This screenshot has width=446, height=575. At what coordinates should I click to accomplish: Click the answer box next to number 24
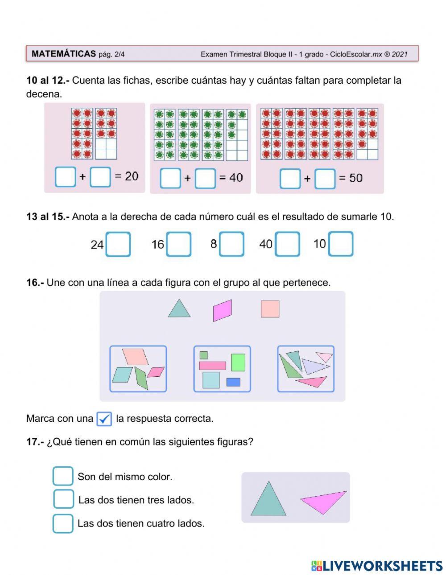pyautogui.click(x=118, y=245)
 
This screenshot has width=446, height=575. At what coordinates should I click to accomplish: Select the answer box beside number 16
pyautogui.click(x=179, y=245)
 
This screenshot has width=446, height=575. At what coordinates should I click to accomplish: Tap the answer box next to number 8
pyautogui.click(x=231, y=244)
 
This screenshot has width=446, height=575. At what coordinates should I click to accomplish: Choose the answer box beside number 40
pyautogui.click(x=287, y=244)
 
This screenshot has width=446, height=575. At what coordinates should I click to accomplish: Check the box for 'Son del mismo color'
pyautogui.click(x=63, y=476)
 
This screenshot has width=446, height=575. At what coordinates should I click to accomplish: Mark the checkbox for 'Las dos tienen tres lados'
pyautogui.click(x=63, y=499)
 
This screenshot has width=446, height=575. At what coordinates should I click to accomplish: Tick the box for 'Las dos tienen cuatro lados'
pyautogui.click(x=63, y=523)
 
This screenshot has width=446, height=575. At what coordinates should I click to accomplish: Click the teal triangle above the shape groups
pyautogui.click(x=179, y=309)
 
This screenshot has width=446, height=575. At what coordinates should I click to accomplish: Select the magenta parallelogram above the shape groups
pyautogui.click(x=222, y=310)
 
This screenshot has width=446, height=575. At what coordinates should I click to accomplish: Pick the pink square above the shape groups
pyautogui.click(x=270, y=309)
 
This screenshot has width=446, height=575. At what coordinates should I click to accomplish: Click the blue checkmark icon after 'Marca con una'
pyautogui.click(x=104, y=419)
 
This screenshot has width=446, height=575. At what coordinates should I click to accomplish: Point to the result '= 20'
pyautogui.click(x=127, y=176)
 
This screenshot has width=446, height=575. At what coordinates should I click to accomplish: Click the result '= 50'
pyautogui.click(x=351, y=178)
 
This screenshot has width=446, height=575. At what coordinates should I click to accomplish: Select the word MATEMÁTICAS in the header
pyautogui.click(x=64, y=54)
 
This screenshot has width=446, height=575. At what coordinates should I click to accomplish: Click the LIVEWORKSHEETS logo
pyautogui.click(x=377, y=566)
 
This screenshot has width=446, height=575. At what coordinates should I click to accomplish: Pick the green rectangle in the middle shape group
pyautogui.click(x=238, y=363)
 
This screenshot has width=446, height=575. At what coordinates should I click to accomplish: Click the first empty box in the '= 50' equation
pyautogui.click(x=290, y=179)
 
